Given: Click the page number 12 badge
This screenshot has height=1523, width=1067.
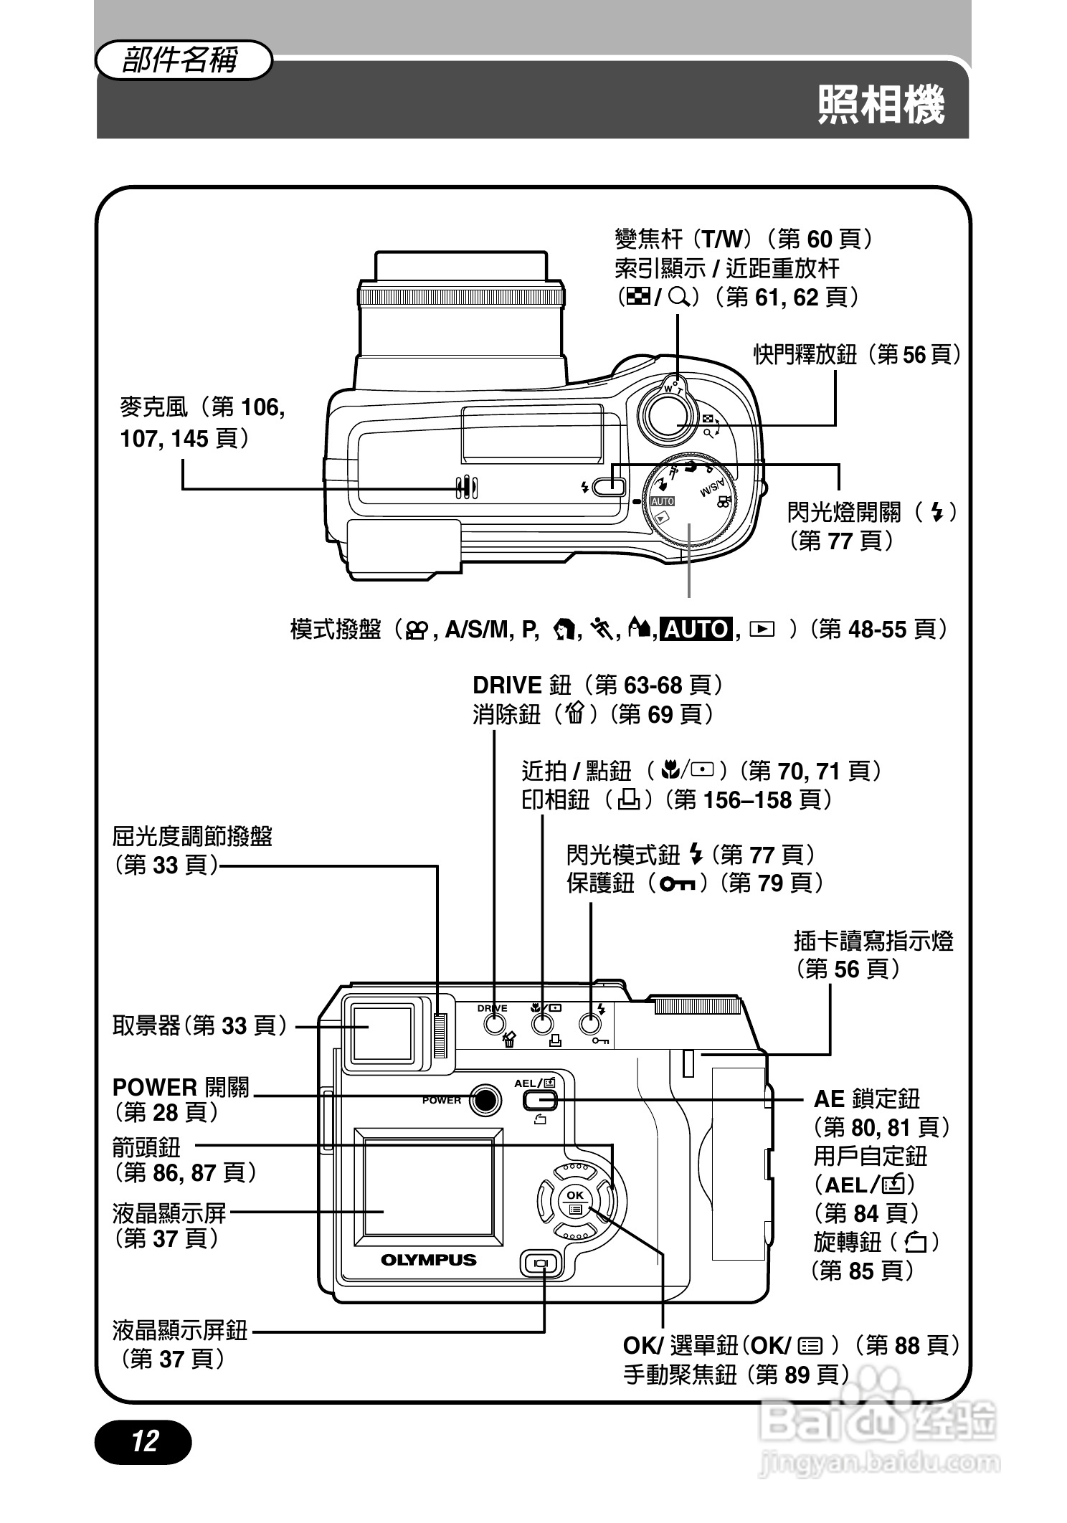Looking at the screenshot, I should [143, 1441].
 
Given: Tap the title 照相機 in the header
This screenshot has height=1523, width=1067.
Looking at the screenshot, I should [881, 105].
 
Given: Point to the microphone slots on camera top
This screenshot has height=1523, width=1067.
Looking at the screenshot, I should [467, 487].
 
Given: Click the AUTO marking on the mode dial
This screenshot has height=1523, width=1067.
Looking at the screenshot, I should [662, 501].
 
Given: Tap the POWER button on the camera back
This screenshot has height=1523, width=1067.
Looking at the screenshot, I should [485, 1099].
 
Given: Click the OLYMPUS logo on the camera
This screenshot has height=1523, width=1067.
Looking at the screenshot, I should [428, 1260].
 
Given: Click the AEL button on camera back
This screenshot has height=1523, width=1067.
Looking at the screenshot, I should [534, 1099].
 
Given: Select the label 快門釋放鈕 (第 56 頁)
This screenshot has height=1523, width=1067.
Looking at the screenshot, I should [856, 354].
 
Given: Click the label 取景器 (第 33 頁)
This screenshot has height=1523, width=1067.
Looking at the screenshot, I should [199, 1026].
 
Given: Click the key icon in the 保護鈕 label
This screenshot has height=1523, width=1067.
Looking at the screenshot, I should [678, 883].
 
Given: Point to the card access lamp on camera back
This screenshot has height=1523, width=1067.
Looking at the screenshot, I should [688, 1063].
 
